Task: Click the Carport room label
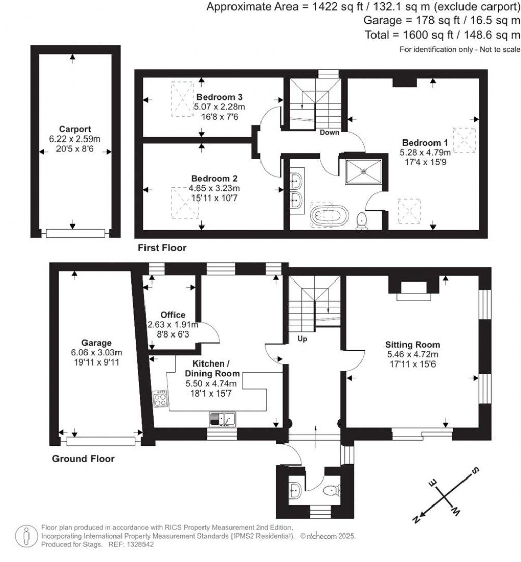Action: coord(74,129)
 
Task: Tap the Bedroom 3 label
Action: coord(219,97)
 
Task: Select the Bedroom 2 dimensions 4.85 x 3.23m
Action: coord(214,188)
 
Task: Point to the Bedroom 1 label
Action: coord(425,143)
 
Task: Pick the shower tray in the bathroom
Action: coord(363,172)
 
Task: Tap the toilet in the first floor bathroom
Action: coord(362,220)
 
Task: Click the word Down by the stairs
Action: coord(329,132)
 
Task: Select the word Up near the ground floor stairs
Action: coord(302,339)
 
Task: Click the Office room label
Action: coord(172,315)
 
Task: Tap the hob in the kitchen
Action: coord(160,399)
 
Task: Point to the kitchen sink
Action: coord(222,419)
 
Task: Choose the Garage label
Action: coord(96,343)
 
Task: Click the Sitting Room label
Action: coord(413,345)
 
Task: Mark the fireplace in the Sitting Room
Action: coord(414,289)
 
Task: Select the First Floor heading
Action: coord(162,248)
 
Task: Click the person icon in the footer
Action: coord(26,537)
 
